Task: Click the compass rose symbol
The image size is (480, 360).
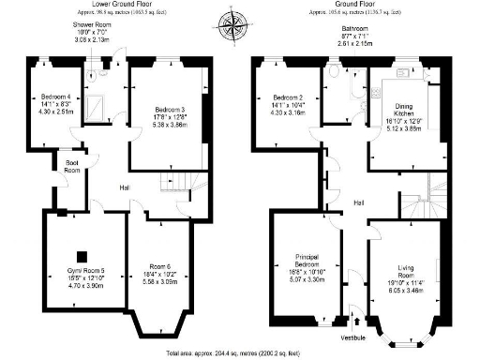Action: [x=229, y=21]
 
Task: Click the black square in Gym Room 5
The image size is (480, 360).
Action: [x=82, y=256]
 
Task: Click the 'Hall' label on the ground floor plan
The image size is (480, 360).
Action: [x=358, y=202]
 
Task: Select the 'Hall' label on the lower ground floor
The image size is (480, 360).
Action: [x=124, y=188]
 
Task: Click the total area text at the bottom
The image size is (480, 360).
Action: [x=239, y=354]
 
